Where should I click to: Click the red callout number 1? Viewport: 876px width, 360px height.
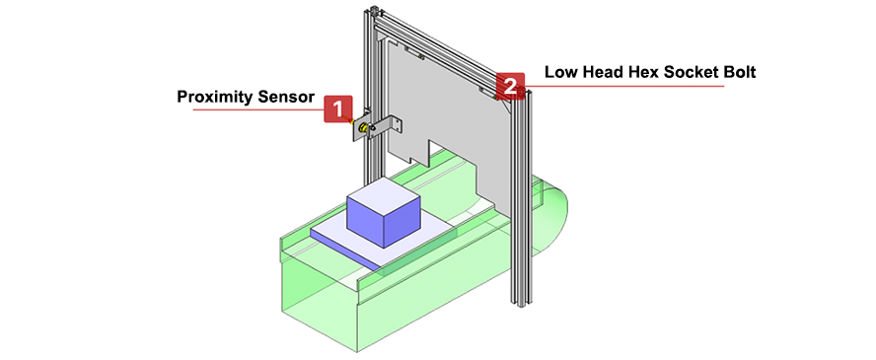coord(338,108)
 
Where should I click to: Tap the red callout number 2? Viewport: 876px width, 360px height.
coord(511,86)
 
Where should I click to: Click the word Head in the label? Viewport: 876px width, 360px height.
coord(599,72)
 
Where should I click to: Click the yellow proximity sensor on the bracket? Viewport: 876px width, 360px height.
coord(361,129)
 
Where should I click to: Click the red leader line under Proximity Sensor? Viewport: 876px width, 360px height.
coord(258,109)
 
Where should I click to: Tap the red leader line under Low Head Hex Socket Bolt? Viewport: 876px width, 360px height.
coord(624,86)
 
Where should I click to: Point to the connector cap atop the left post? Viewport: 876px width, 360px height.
coord(374,9)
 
